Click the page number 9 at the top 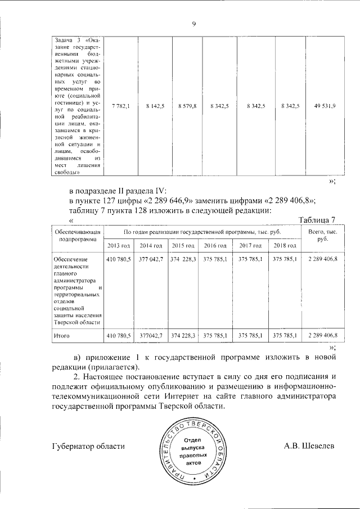tap(193, 23)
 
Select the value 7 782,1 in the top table tap(121, 106)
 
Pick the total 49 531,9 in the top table tap(325, 106)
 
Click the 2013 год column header tap(118, 246)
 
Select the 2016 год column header tap(215, 246)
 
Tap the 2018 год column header tap(285, 246)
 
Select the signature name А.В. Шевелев tap(309, 445)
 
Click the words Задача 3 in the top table tap(66, 40)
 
